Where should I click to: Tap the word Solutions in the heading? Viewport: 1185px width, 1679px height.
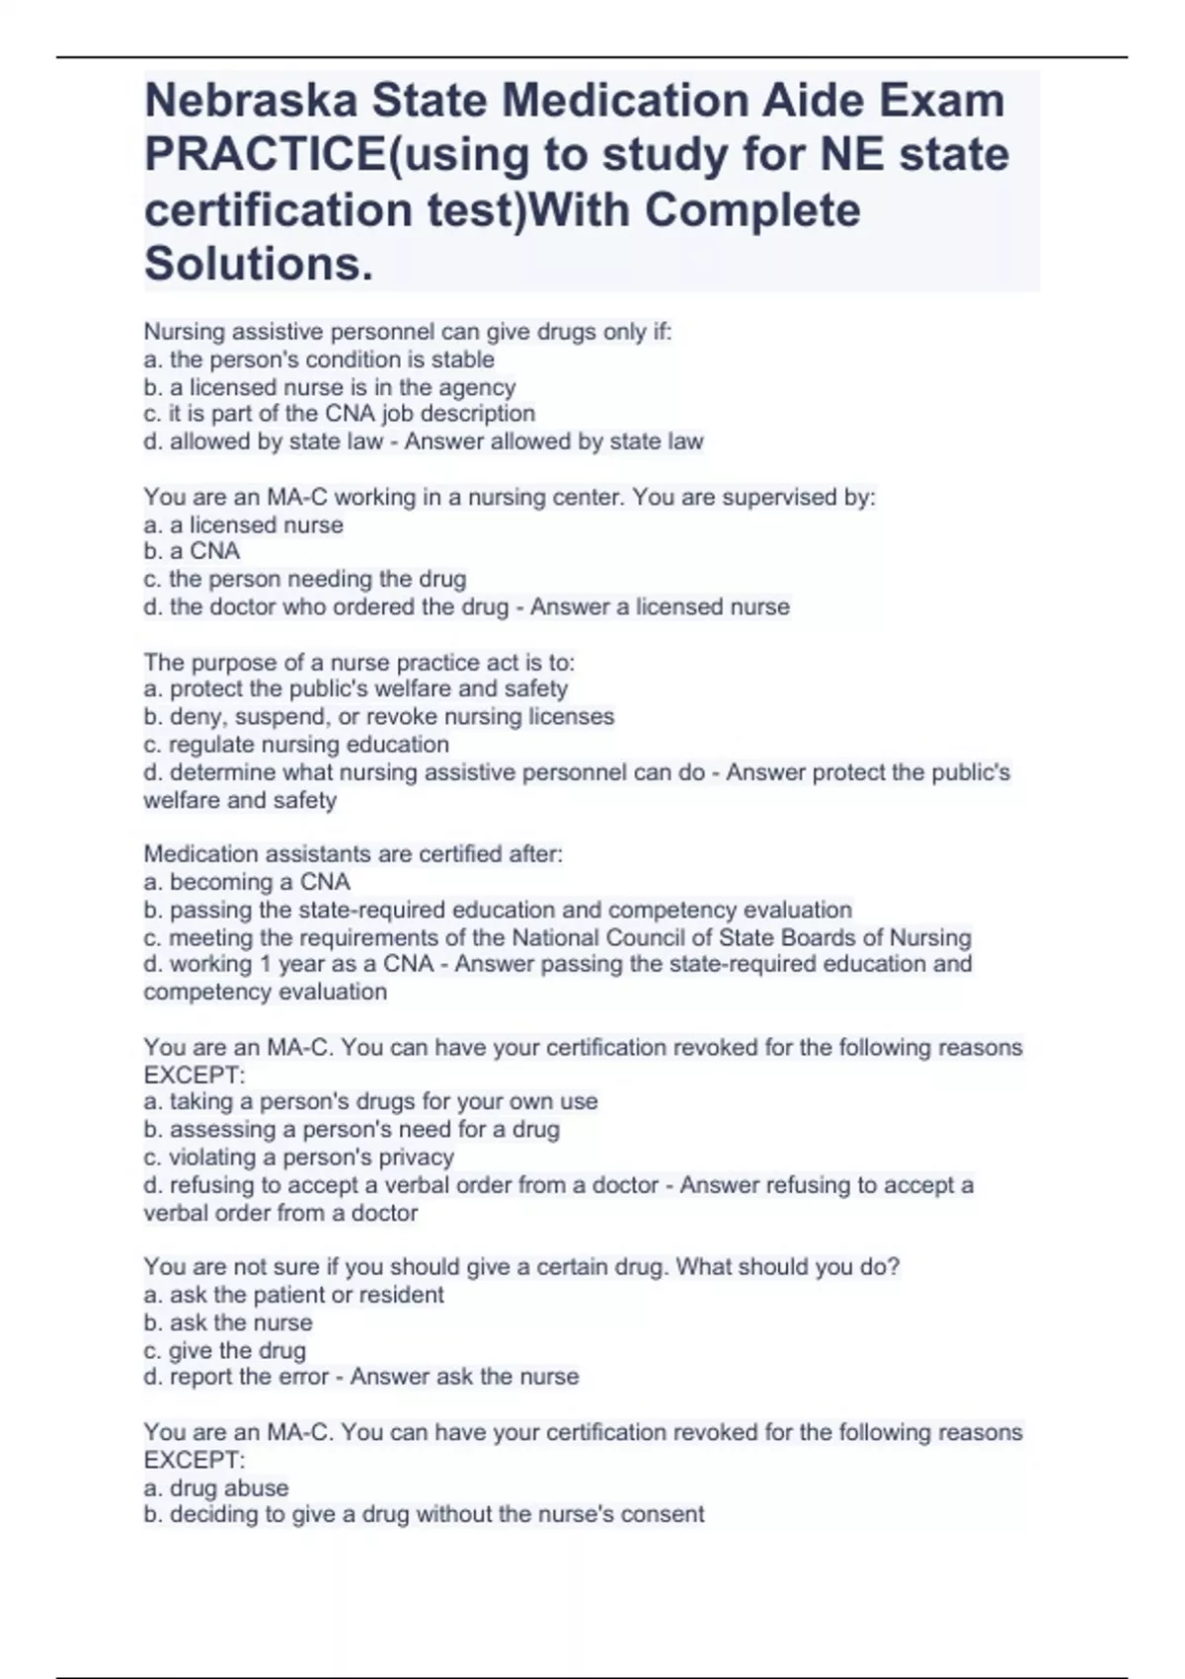pos(259,264)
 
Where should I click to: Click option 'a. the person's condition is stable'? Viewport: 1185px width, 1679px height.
pos(319,360)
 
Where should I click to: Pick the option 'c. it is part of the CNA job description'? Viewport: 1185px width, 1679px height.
pos(339,414)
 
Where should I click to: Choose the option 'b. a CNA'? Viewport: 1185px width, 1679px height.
pos(192,551)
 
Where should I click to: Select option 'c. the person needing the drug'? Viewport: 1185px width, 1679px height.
pos(304,579)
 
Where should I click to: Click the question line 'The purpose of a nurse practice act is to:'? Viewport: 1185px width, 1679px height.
pos(358,662)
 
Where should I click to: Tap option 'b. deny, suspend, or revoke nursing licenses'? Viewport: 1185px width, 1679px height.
pos(378,716)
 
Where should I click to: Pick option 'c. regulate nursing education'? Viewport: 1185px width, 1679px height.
pos(296,744)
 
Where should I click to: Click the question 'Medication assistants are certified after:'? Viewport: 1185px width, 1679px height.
pos(353,854)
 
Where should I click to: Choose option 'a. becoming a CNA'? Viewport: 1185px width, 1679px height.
pos(247,882)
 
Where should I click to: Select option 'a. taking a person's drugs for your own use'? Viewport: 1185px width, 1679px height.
pos(370,1101)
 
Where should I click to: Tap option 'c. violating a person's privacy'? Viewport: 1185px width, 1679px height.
pos(298,1157)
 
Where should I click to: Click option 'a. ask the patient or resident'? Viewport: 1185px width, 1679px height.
pos(293,1295)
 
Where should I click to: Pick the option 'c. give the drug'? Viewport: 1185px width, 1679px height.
pos(224,1350)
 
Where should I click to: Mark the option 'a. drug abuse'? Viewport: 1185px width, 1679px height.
pos(215,1487)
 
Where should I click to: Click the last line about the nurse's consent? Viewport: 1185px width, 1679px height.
pos(424,1514)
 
